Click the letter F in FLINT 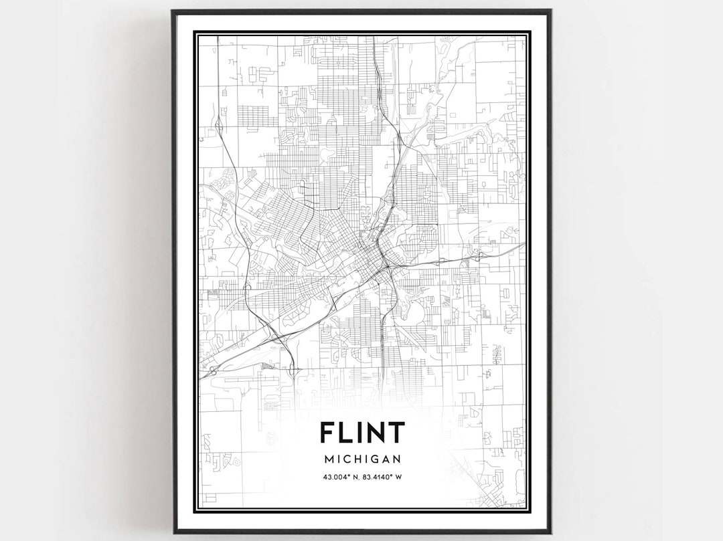327,433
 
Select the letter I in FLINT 361,433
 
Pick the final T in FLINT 396,433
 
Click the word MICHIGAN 361,459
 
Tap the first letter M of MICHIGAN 327,459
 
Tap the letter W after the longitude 399,477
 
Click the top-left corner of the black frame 173,11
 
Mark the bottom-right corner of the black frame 550,532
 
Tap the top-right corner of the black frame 550,11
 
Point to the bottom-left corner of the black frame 173,532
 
